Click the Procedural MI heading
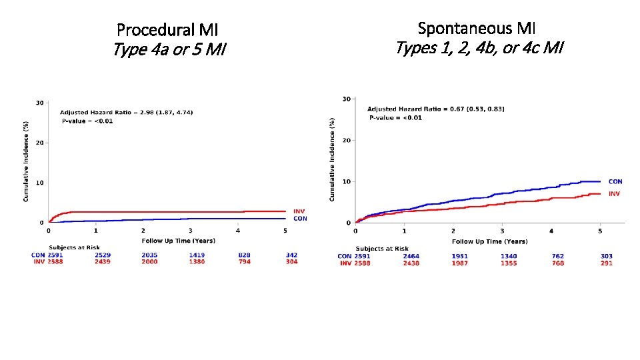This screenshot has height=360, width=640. [167, 30]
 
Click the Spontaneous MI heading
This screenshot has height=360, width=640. [476, 28]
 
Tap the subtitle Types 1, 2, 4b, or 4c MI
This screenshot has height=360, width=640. [479, 48]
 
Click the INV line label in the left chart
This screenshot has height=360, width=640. [299, 211]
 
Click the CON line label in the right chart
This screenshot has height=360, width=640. [615, 182]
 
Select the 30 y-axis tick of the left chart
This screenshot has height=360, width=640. [40, 103]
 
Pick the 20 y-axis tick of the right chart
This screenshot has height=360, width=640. [345, 141]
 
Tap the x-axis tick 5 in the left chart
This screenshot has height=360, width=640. [285, 231]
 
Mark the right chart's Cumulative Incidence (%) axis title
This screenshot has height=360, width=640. [331, 160]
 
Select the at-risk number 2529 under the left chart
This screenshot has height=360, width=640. [103, 255]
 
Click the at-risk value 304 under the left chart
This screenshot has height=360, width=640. [291, 262]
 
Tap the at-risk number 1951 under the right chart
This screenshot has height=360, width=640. [459, 256]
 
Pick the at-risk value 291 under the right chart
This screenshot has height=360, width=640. [606, 263]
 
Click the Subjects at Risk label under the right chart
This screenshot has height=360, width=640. [383, 249]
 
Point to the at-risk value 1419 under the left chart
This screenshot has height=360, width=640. [197, 255]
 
